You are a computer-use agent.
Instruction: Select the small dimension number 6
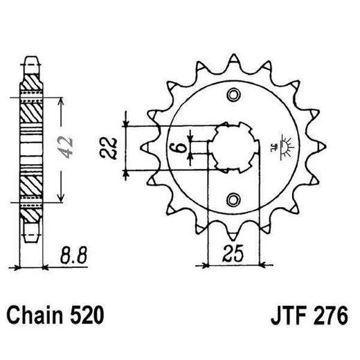click(x=179, y=147)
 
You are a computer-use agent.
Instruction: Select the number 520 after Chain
click(x=89, y=316)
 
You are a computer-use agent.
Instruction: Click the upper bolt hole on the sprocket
click(x=233, y=95)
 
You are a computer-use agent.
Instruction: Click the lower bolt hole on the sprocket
click(x=233, y=201)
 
